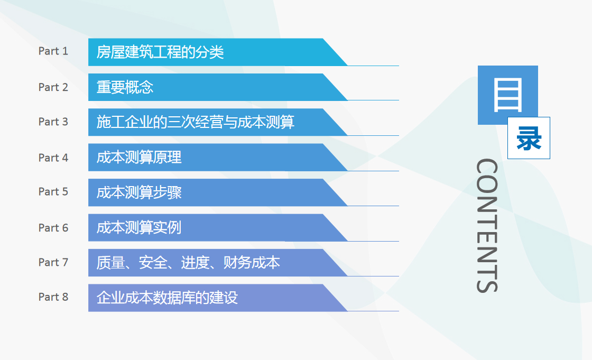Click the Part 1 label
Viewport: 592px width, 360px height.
click(x=53, y=51)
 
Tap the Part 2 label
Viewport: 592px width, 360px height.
click(x=53, y=87)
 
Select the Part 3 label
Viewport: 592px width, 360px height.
click(x=53, y=122)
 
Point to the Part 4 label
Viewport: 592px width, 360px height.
click(x=53, y=158)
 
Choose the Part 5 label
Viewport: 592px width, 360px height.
click(x=53, y=191)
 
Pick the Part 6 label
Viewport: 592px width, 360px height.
click(x=53, y=228)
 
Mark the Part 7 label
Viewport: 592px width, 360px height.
click(x=53, y=262)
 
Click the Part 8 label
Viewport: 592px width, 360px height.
click(x=53, y=297)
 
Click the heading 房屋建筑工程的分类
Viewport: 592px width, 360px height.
click(x=160, y=52)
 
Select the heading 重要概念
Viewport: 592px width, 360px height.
click(x=125, y=87)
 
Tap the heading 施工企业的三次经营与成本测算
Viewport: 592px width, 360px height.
click(x=195, y=122)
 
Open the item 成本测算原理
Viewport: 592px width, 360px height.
click(x=139, y=157)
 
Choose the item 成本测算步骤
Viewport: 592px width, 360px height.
click(x=139, y=192)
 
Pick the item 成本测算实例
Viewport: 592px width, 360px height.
click(x=139, y=227)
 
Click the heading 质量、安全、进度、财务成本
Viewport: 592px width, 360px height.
click(x=188, y=263)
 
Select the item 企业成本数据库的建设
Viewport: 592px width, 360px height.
click(x=167, y=298)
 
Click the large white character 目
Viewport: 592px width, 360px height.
click(x=508, y=95)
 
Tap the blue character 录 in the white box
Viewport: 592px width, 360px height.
click(x=529, y=138)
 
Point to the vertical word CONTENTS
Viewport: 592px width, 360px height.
click(x=487, y=226)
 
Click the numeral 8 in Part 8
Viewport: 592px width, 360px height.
click(x=65, y=297)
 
